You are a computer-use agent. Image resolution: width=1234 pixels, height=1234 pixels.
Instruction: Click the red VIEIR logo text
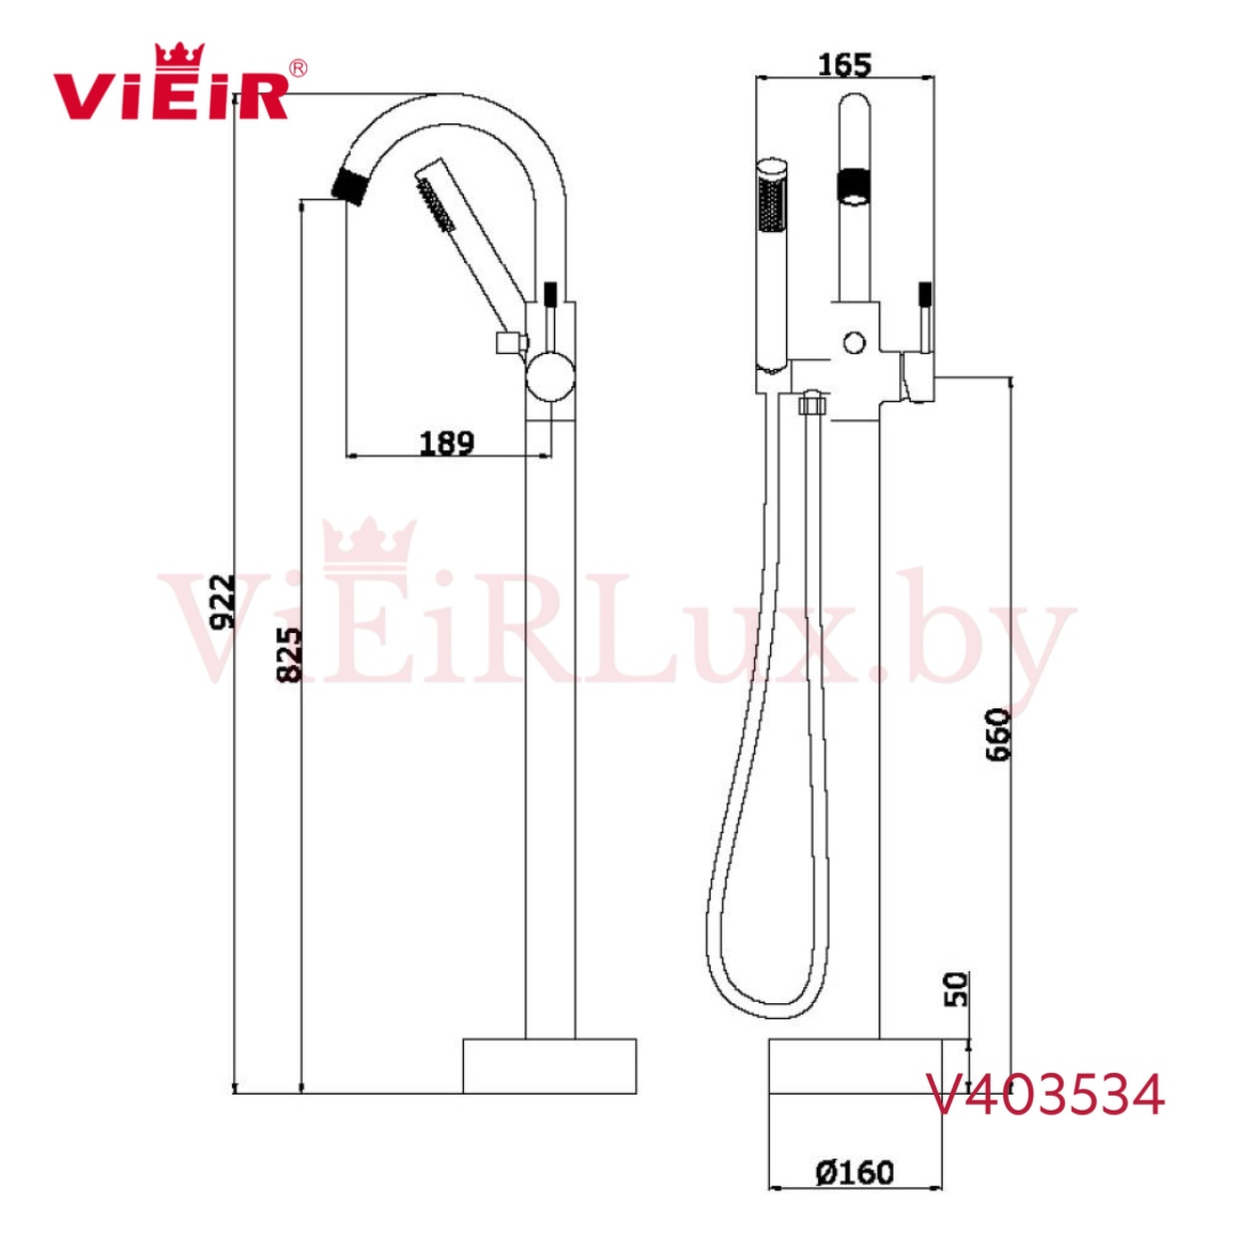click(x=170, y=96)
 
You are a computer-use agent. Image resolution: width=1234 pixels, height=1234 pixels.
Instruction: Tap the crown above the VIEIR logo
click(x=180, y=55)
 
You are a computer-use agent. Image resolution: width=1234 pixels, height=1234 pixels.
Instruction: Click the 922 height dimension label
click(x=223, y=603)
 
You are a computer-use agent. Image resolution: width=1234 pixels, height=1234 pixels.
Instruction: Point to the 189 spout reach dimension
click(x=447, y=442)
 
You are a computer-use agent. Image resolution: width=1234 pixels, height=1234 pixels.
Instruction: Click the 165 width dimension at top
click(x=845, y=65)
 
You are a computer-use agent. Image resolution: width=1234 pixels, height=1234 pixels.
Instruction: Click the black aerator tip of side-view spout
click(x=350, y=185)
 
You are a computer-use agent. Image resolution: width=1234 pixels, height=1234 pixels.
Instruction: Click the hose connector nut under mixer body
click(x=813, y=403)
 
